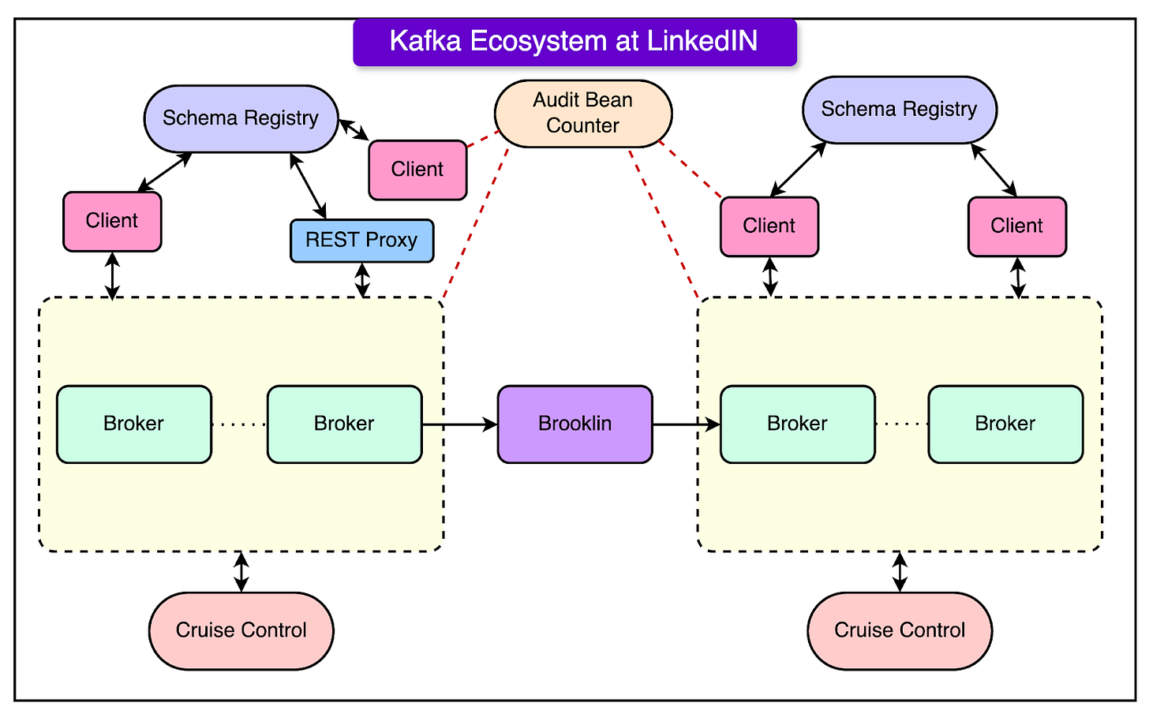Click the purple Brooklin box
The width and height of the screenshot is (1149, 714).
[574, 424]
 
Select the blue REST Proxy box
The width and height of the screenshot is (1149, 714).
[361, 241]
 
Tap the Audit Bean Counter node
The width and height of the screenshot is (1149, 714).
[583, 113]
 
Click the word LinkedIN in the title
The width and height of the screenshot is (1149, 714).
[702, 41]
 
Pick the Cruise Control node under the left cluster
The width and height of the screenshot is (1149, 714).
[241, 630]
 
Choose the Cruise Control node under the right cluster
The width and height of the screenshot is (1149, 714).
[900, 630]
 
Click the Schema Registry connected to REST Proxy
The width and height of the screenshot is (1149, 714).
[241, 118]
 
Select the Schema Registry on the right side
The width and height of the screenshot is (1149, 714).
[899, 110]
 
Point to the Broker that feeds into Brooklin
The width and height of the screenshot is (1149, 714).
[344, 424]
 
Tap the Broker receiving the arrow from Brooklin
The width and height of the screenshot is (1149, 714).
[797, 424]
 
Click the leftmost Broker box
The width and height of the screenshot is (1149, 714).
[134, 424]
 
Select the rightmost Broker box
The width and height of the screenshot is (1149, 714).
[1005, 424]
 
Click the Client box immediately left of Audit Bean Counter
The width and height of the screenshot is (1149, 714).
[417, 170]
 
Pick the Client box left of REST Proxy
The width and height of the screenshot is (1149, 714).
[112, 221]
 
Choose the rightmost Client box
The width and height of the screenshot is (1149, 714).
[1016, 226]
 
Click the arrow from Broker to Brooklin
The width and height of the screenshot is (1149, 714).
[459, 424]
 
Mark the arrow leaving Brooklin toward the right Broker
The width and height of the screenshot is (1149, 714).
[686, 424]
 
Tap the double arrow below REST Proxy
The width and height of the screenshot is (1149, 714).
[362, 280]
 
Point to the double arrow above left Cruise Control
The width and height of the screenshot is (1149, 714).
[241, 572]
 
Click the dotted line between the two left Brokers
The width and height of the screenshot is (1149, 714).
[239, 424]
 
